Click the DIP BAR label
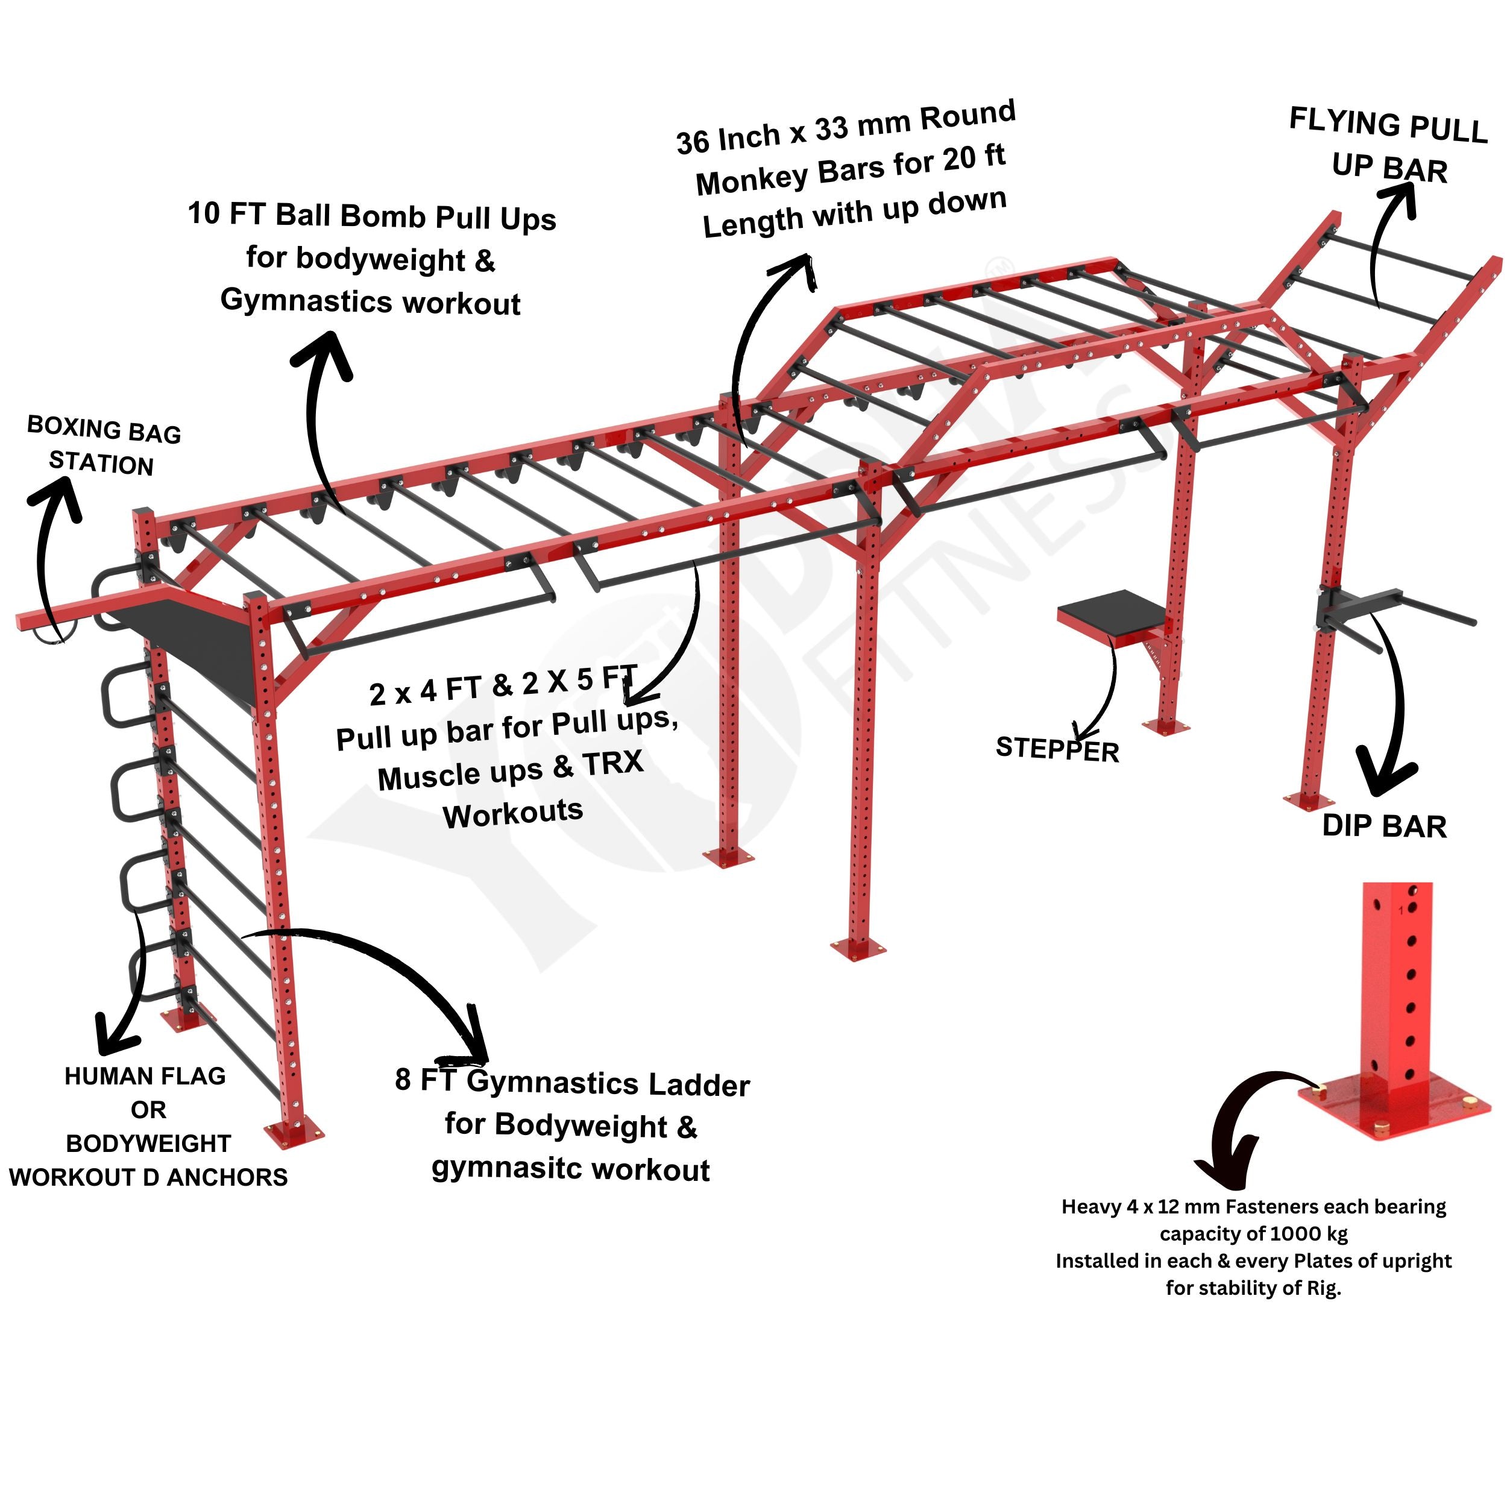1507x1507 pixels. click(x=1384, y=826)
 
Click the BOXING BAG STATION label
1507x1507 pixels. click(x=103, y=445)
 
